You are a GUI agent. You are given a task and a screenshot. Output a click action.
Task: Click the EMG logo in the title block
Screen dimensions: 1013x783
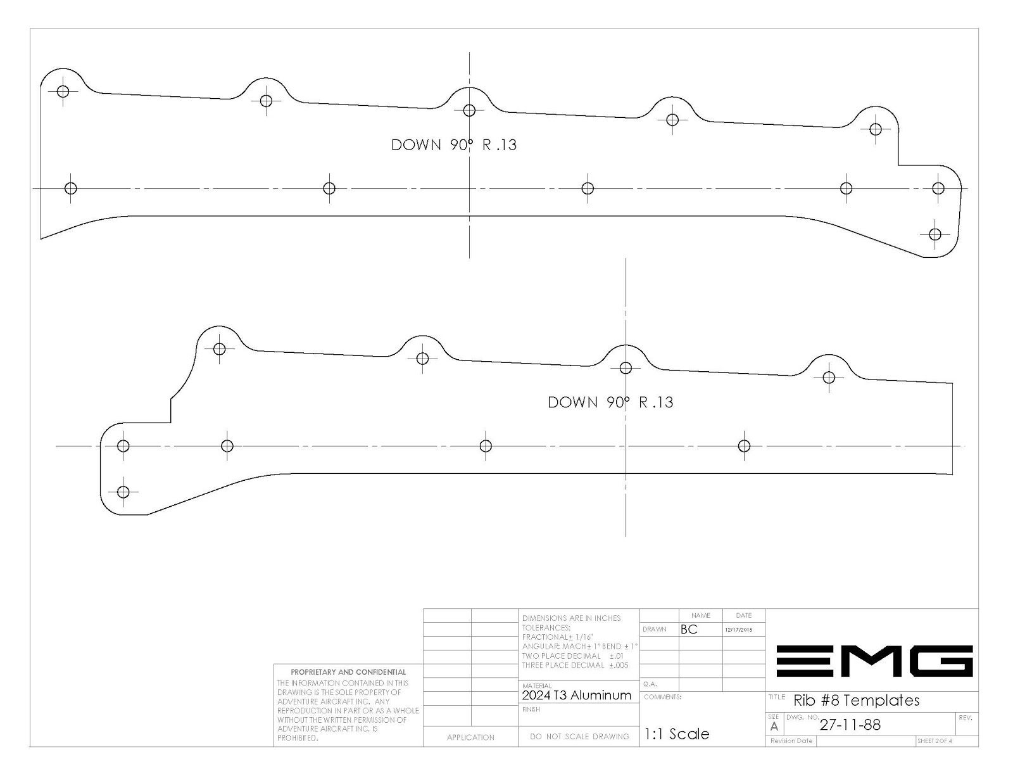click(874, 661)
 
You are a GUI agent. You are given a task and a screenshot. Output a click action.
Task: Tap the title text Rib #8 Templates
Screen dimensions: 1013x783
click(857, 700)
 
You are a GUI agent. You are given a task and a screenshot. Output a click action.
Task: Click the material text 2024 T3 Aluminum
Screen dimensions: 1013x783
click(576, 696)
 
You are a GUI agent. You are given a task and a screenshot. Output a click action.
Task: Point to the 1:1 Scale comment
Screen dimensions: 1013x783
click(676, 734)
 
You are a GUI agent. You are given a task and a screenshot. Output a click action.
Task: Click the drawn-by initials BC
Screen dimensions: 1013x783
click(689, 629)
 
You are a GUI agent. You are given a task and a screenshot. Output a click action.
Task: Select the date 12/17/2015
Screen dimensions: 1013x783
click(739, 630)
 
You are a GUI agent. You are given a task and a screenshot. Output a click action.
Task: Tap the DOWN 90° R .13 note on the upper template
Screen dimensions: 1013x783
click(453, 145)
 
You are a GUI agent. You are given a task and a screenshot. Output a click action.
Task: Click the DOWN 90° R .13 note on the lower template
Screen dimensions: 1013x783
click(610, 402)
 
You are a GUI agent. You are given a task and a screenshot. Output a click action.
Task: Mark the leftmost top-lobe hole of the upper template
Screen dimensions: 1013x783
click(63, 91)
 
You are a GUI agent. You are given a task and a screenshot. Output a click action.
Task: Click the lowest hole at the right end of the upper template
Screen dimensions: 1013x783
click(934, 234)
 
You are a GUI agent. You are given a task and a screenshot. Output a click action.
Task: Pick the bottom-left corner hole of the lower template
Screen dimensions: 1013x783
click(123, 492)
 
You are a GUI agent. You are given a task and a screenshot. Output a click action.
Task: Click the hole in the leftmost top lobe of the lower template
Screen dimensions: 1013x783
click(219, 349)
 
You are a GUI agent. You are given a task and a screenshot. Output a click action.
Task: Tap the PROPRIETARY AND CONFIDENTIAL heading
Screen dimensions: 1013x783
click(348, 672)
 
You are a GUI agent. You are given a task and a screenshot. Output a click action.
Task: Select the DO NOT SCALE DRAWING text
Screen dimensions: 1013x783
click(579, 736)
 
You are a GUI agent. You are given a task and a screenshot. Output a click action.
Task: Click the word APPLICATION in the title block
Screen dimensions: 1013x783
click(470, 737)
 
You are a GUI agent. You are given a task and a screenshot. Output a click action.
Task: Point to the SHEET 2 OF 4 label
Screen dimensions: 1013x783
click(934, 741)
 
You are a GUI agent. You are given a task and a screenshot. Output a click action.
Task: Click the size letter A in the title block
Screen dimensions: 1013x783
click(774, 727)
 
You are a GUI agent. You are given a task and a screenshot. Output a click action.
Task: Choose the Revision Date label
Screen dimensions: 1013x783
click(791, 741)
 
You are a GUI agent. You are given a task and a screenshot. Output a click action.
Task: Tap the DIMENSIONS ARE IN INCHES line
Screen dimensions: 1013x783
click(571, 618)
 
